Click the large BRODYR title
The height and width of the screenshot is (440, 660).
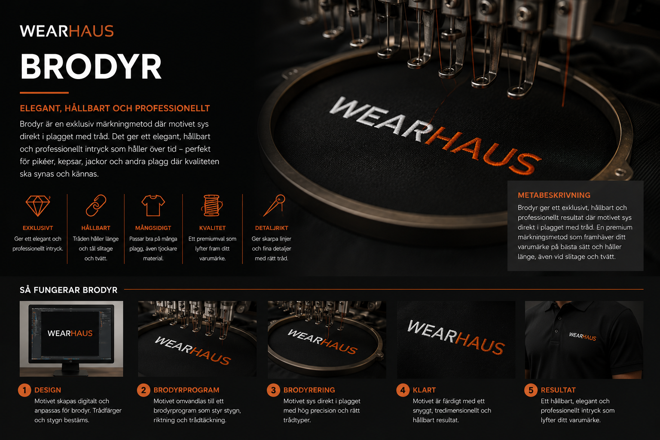pyautogui.click(x=91, y=67)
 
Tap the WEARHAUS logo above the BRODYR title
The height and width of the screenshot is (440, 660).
pyautogui.click(x=67, y=31)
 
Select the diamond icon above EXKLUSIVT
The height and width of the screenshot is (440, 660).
pyautogui.click(x=38, y=205)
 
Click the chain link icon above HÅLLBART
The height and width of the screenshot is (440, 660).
pyautogui.click(x=96, y=205)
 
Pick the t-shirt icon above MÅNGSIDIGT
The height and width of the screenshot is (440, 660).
pyautogui.click(x=153, y=205)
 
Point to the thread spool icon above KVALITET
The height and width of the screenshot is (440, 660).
pyautogui.click(x=212, y=205)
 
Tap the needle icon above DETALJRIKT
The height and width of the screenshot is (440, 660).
pyautogui.click(x=274, y=205)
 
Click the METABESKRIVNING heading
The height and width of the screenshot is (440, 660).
pyautogui.click(x=554, y=195)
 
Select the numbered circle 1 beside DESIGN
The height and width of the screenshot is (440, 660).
pyautogui.click(x=24, y=390)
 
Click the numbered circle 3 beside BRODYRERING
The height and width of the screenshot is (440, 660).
pyautogui.click(x=273, y=390)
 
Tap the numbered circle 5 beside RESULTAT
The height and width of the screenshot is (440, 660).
pyautogui.click(x=531, y=390)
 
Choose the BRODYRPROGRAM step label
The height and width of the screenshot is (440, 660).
pyautogui.click(x=186, y=390)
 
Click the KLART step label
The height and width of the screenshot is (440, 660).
pyautogui.click(x=424, y=390)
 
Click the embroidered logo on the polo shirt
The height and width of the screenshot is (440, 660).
pyautogui.click(x=583, y=336)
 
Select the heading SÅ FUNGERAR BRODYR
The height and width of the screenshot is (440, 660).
pyautogui.click(x=69, y=290)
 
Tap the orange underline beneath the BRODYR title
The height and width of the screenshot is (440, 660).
pyautogui.click(x=44, y=92)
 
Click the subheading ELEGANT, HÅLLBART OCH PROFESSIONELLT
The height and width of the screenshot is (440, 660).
pyautogui.click(x=115, y=108)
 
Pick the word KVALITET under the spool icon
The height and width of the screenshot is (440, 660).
pyautogui.click(x=212, y=228)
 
